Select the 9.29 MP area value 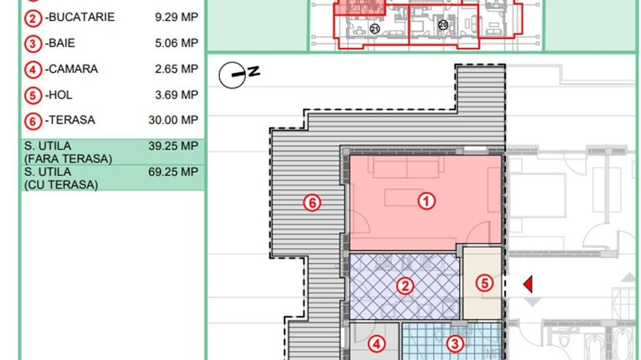coord(176,16)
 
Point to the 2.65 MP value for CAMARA coord(176,69)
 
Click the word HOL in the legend coord(59,94)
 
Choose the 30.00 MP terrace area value coord(174,120)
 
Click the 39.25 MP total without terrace coord(174,146)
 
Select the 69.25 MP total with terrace coord(174,171)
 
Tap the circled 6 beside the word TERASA coord(32,121)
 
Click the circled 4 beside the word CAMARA coord(32,70)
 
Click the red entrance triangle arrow coord(528,284)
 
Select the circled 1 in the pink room coord(426,201)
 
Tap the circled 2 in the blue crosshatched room coord(406,286)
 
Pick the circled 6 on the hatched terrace coord(312,202)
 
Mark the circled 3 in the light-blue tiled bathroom coord(454,343)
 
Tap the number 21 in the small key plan coord(374,28)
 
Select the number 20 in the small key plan coord(443,25)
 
